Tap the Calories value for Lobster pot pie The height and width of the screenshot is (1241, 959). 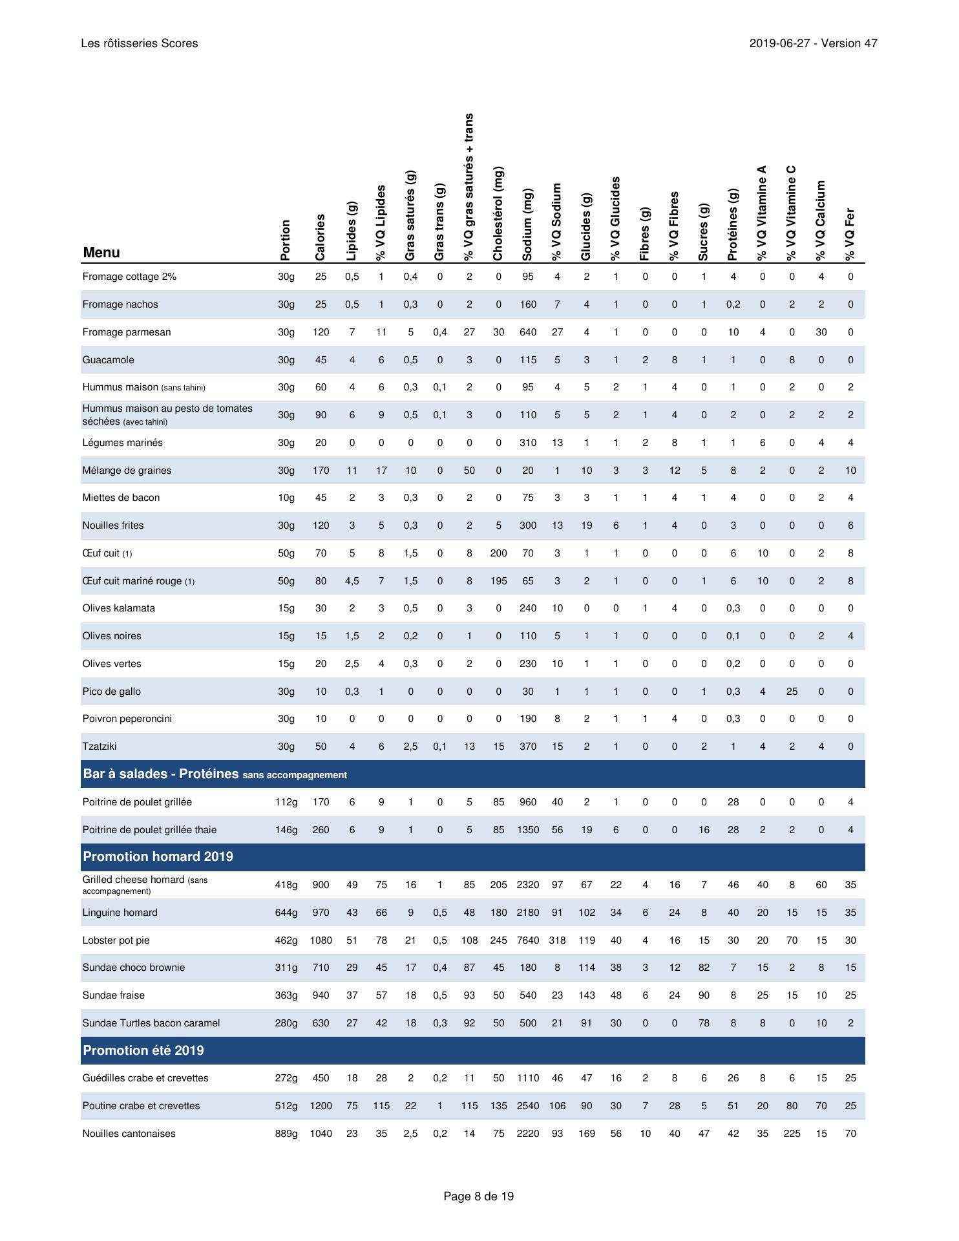321,940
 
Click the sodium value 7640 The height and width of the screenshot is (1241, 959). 528,940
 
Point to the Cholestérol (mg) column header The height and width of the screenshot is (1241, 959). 498,213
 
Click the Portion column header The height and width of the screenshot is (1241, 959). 286,240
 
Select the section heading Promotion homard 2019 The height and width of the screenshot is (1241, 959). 158,857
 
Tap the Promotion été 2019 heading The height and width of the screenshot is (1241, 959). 143,1050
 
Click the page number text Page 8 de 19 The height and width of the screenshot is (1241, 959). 479,1196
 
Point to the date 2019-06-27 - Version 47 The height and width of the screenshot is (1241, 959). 813,43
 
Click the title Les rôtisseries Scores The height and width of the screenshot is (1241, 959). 140,43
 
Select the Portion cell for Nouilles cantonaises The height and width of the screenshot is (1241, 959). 286,1134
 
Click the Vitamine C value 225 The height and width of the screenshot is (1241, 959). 792,1134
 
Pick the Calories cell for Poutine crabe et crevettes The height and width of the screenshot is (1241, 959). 321,1106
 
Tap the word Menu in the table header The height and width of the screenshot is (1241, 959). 101,253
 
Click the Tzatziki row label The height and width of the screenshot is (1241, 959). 100,747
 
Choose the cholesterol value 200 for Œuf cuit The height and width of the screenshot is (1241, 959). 498,553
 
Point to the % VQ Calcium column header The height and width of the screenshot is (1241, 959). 821,220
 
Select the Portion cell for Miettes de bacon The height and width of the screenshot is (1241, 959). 286,498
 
